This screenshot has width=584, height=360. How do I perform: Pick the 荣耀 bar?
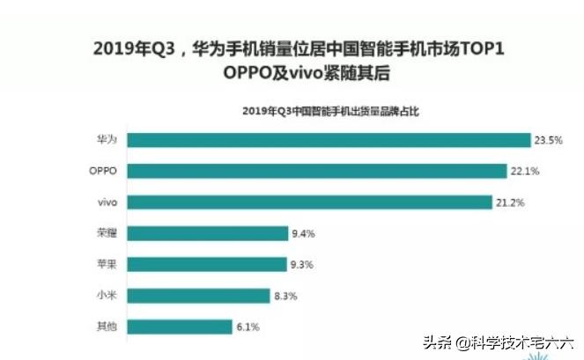point(206,233)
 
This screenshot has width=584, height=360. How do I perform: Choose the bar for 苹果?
point(206,264)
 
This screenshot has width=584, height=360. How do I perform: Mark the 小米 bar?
point(197,296)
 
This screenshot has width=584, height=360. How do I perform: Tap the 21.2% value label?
point(511,202)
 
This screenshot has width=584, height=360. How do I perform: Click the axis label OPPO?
point(103,171)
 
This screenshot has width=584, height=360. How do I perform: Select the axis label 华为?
point(107,140)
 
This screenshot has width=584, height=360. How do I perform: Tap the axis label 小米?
point(107,296)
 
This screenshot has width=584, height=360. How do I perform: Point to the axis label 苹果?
point(107,264)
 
